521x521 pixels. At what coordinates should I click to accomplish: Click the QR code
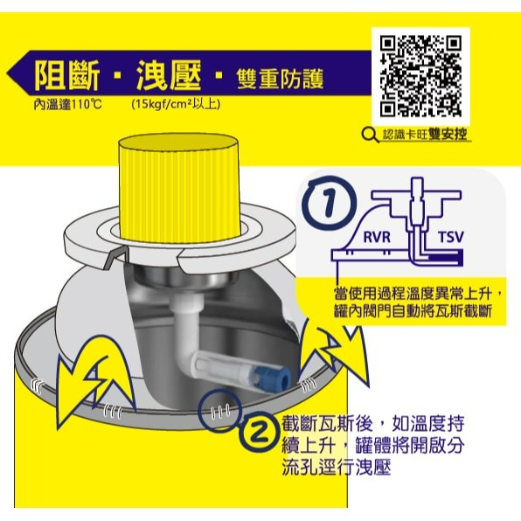pos(421,77)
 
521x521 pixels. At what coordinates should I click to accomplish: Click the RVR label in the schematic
pos(378,237)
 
